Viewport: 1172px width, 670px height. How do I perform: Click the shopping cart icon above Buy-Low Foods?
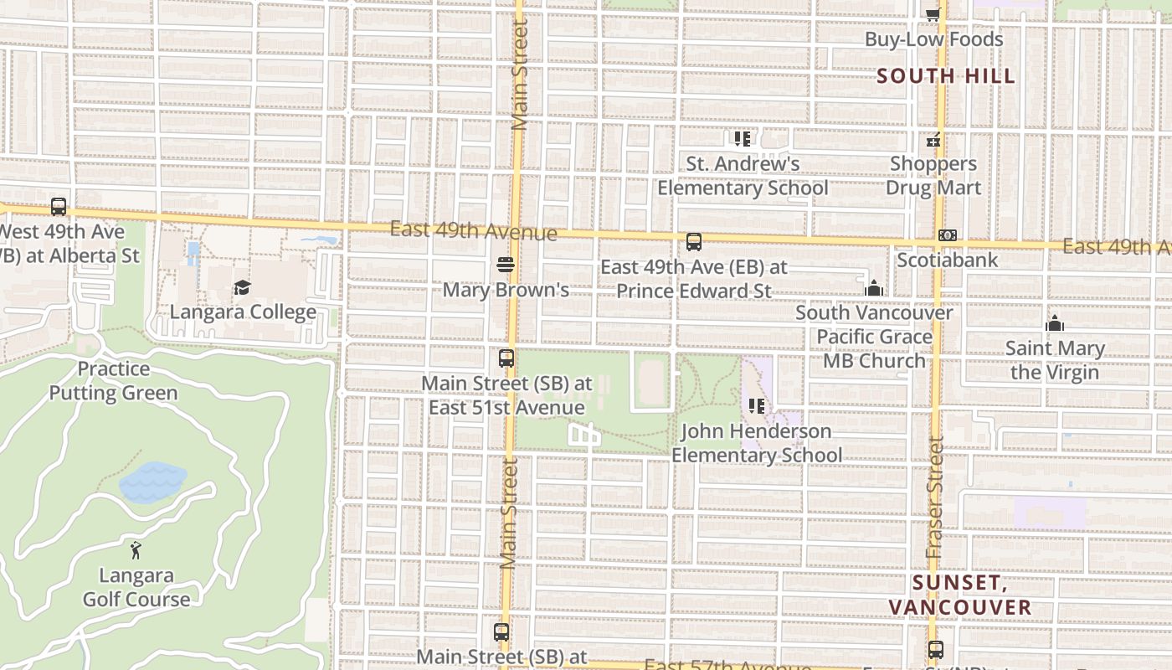(x=933, y=14)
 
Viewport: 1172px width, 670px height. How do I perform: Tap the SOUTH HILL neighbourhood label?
(x=946, y=76)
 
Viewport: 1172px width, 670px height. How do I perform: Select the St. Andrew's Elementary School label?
(x=743, y=176)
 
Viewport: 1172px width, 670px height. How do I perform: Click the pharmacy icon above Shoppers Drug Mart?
(x=933, y=140)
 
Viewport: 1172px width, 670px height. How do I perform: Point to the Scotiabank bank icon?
(x=947, y=236)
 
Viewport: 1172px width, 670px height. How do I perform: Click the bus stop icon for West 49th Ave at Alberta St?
(x=58, y=206)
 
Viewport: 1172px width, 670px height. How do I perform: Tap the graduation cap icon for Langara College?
(x=242, y=288)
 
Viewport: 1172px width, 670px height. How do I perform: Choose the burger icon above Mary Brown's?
(x=505, y=265)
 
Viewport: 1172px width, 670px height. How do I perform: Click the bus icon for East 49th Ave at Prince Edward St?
(x=693, y=243)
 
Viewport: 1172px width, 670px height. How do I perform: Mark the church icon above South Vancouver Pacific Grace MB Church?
(x=874, y=289)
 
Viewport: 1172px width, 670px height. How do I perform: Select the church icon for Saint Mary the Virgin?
(x=1055, y=323)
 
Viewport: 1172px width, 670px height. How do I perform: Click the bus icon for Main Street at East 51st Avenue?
(x=506, y=358)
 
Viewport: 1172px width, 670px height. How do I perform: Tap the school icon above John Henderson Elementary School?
(x=757, y=407)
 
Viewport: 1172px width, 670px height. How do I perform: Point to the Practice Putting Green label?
(x=113, y=381)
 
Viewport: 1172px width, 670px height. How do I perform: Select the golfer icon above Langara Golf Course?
(x=136, y=550)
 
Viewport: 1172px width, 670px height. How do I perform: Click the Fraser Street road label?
(x=935, y=498)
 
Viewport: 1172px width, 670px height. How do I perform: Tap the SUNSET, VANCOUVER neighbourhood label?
(x=959, y=595)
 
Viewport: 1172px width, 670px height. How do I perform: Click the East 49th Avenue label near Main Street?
(x=473, y=231)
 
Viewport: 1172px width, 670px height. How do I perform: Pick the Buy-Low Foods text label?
(x=933, y=39)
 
